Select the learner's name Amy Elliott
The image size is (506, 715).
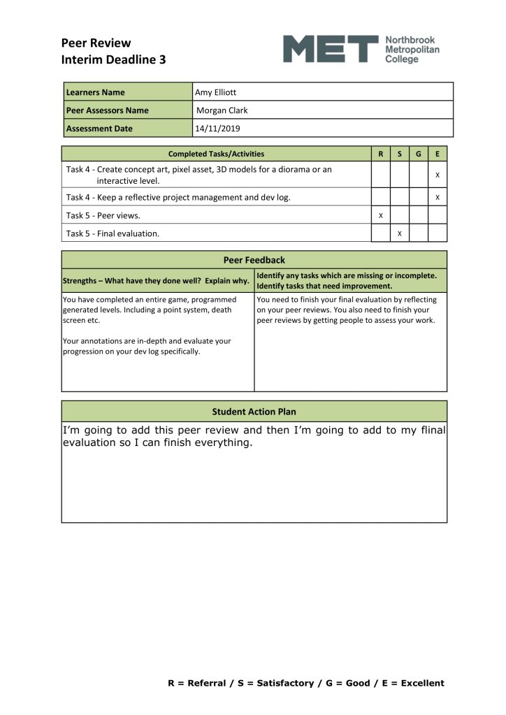click(217, 92)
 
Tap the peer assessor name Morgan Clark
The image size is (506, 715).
click(222, 110)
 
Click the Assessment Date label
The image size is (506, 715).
click(99, 129)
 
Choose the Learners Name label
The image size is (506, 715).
click(95, 92)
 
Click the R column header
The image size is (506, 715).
click(380, 154)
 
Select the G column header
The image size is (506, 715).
click(418, 154)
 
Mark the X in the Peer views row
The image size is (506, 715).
click(380, 215)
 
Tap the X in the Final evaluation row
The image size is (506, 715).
click(399, 233)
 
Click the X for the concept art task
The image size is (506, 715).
click(437, 175)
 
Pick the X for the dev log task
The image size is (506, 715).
click(437, 198)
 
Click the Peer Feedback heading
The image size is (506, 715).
click(254, 260)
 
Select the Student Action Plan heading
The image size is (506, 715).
click(254, 411)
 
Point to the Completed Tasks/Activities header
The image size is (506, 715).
click(216, 154)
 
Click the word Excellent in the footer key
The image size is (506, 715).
click(422, 683)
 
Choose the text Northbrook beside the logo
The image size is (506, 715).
click(410, 41)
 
